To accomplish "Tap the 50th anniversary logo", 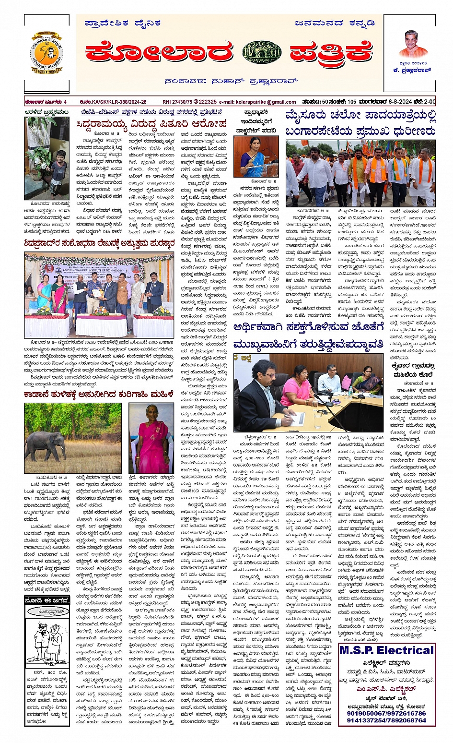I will point(46,53).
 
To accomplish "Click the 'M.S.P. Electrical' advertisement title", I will point(386,650).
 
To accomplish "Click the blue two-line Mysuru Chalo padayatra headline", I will point(360,123).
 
